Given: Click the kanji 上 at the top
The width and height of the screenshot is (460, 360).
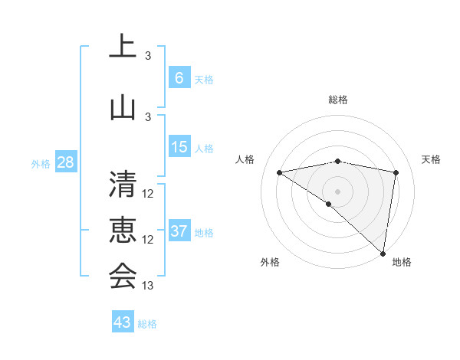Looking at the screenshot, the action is click(x=123, y=47).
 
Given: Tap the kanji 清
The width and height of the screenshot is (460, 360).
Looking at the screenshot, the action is click(x=123, y=185).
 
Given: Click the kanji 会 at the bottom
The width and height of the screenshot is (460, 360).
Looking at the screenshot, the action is click(x=123, y=277).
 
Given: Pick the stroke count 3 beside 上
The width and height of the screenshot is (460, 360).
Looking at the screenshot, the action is click(x=148, y=56).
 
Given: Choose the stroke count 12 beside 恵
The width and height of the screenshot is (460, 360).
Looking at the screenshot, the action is click(x=148, y=240).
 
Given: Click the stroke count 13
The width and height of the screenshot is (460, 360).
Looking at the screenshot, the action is click(x=148, y=286).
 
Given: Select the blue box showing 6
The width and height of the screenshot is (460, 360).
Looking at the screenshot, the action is click(x=179, y=78).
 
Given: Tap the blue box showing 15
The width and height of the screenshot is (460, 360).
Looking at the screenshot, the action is click(x=179, y=147).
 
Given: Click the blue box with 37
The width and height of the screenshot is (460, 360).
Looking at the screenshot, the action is click(x=179, y=231).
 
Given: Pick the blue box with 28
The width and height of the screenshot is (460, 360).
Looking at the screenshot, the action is click(x=65, y=162).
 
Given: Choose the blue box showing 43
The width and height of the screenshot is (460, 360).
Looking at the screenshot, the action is click(x=122, y=322).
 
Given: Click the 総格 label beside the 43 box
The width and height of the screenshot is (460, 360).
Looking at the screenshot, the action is click(x=147, y=324).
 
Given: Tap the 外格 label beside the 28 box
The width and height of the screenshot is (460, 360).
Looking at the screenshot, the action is click(x=41, y=164).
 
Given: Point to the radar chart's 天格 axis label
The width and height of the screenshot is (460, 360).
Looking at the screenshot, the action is click(x=431, y=159).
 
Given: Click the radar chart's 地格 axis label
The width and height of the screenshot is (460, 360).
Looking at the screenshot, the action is click(x=402, y=262).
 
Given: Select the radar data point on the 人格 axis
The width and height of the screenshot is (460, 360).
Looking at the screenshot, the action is click(x=279, y=172).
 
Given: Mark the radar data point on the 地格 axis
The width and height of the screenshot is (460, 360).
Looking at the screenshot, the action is click(x=383, y=253).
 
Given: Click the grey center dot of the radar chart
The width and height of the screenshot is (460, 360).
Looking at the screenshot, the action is click(x=337, y=191).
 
